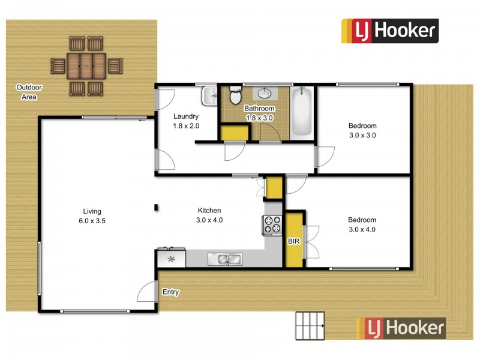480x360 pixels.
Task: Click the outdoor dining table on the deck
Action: (x=86, y=65)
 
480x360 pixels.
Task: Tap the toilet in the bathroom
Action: (x=235, y=96)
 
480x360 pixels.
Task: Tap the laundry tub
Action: (x=209, y=95)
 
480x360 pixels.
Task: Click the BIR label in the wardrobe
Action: (x=294, y=241)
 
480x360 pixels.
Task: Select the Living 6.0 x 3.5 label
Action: (x=92, y=215)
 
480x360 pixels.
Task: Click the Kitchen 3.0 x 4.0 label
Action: (x=210, y=215)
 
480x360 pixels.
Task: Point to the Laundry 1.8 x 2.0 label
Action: (x=185, y=121)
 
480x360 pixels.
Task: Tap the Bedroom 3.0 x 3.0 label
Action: (x=362, y=130)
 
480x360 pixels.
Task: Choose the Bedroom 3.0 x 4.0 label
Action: (x=362, y=224)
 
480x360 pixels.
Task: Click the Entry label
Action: (x=171, y=292)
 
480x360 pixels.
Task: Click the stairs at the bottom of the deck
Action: (x=310, y=325)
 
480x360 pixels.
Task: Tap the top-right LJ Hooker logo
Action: (x=390, y=31)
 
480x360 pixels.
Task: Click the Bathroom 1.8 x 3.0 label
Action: (x=259, y=113)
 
